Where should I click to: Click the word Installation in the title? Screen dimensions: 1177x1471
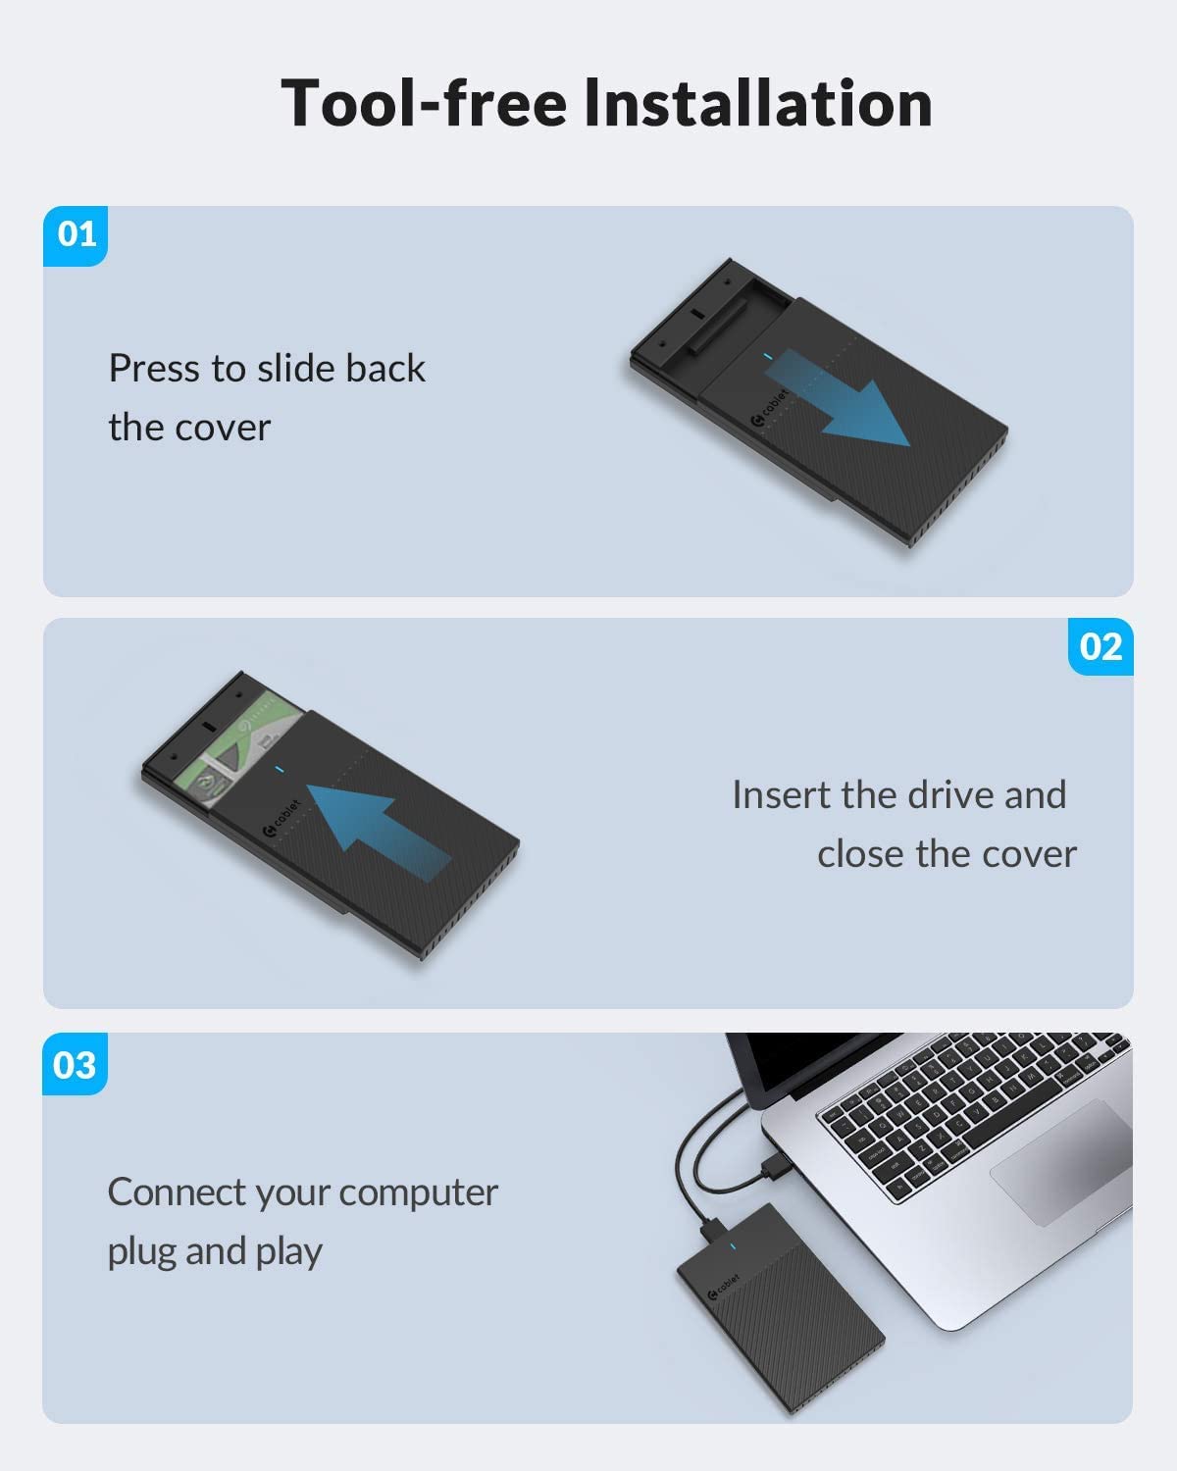pyautogui.click(x=758, y=103)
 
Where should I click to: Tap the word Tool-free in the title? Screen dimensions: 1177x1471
pyautogui.click(x=424, y=103)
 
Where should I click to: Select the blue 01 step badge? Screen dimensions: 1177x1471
pyautogui.click(x=76, y=235)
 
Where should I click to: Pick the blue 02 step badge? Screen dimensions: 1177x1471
pyautogui.click(x=1100, y=646)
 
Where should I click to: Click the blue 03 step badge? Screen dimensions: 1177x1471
pyautogui.click(x=75, y=1064)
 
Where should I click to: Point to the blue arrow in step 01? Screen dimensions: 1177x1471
pyautogui.click(x=836, y=397)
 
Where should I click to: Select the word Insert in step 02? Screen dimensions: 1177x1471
pyautogui.click(x=782, y=794)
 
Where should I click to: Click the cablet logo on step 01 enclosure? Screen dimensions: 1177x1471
pyautogui.click(x=769, y=407)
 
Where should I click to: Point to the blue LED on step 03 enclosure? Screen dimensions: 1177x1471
pyautogui.click(x=733, y=1246)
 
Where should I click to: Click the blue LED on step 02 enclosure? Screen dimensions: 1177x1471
pyautogui.click(x=279, y=770)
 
